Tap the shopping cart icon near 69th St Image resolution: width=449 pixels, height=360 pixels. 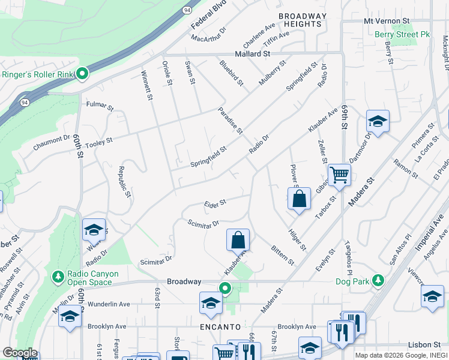point(340,175)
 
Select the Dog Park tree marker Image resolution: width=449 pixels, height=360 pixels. point(378,280)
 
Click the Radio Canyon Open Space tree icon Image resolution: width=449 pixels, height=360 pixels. point(58,277)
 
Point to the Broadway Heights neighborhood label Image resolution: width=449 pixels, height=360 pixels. point(303,20)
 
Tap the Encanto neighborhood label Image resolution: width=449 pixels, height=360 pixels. point(221,327)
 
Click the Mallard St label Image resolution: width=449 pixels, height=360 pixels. point(252,54)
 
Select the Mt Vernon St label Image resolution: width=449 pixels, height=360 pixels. point(387,20)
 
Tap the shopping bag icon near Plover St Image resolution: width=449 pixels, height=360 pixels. point(299,199)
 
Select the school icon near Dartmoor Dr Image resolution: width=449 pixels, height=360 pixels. point(378,122)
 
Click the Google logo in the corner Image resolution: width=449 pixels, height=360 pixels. point(20,353)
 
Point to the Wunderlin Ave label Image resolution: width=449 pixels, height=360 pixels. point(109,304)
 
